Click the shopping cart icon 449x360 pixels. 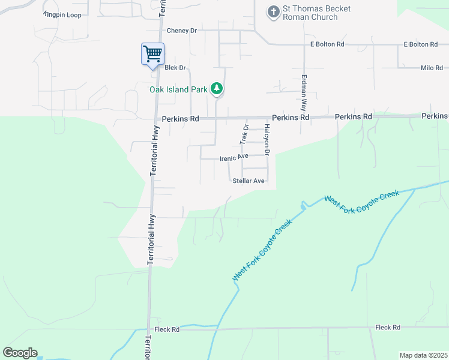click(152, 53)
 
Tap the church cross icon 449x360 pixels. click(273, 12)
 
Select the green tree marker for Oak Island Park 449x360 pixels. click(217, 90)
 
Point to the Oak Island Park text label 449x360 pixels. click(178, 90)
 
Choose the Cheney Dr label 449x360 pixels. click(182, 31)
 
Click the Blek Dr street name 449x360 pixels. click(175, 68)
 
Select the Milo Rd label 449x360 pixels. click(431, 68)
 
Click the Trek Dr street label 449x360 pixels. click(244, 135)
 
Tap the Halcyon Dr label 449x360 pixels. click(267, 142)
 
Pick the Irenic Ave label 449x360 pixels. click(234, 157)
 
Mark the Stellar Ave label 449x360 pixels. click(249, 181)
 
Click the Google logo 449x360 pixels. click(20, 353)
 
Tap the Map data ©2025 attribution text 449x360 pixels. click(423, 355)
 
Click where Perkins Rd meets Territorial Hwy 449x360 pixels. click(156, 118)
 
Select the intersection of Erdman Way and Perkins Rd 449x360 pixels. click(305, 118)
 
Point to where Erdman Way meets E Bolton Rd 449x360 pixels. click(304, 45)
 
